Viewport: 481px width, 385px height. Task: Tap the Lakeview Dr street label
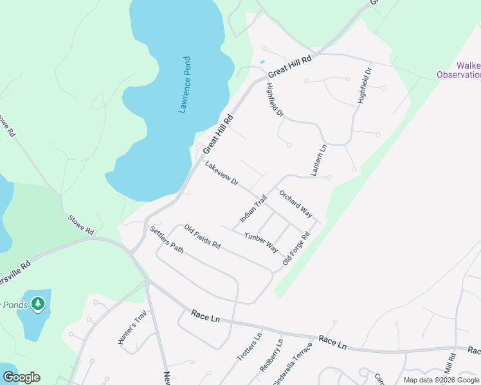click(222, 174)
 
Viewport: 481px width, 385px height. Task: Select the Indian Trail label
click(253, 209)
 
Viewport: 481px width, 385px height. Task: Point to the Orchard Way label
click(295, 204)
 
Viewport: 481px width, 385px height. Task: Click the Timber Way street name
click(261, 243)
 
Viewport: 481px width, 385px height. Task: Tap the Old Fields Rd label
click(203, 237)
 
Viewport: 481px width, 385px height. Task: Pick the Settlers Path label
click(167, 240)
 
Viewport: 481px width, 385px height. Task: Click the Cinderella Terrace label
click(301, 363)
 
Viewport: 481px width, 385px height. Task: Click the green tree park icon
click(38, 304)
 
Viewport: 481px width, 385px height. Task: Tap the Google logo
click(21, 377)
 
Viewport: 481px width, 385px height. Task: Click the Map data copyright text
click(441, 380)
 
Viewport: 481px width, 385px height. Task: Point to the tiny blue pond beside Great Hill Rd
click(262, 62)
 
